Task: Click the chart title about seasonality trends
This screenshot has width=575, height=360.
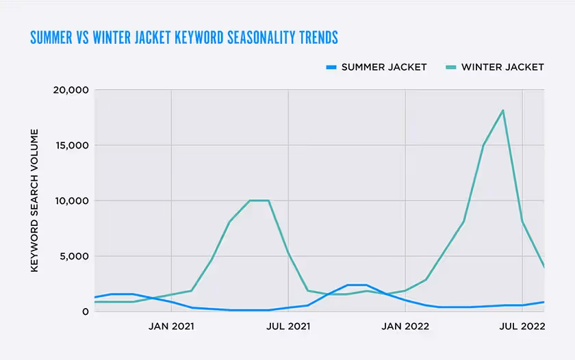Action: tap(184, 37)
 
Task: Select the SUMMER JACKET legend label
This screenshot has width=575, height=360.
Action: tap(383, 67)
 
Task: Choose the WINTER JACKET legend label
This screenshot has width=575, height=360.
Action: tap(502, 67)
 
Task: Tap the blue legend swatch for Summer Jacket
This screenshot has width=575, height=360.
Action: tap(331, 67)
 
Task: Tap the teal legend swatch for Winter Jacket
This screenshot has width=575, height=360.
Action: tap(451, 67)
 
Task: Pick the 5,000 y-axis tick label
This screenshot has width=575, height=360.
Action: tap(74, 256)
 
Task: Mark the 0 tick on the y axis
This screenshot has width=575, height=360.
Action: tap(86, 311)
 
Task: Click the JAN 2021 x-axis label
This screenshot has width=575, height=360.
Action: tap(170, 326)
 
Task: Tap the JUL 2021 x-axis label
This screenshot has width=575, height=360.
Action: tap(288, 326)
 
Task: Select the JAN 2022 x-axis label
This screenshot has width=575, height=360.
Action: tap(405, 326)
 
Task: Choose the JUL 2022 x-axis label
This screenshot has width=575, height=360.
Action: tap(522, 326)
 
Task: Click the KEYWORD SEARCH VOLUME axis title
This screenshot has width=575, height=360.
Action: tap(34, 201)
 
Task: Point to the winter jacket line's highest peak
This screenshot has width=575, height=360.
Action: tap(503, 110)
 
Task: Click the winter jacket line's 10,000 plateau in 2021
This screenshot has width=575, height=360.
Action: tap(259, 201)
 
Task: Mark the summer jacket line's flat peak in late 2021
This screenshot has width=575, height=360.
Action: tap(357, 285)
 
